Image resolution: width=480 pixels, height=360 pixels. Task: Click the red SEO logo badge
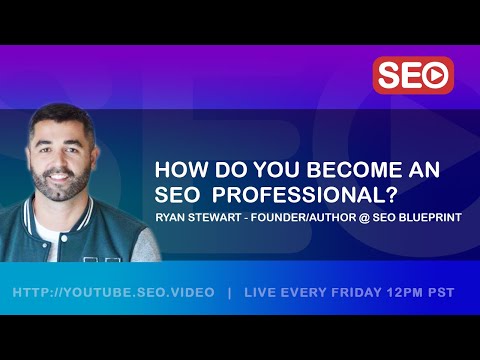(413, 75)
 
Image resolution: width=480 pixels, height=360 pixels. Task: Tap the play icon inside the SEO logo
(436, 75)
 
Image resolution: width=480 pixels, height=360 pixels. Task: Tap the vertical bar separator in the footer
(229, 293)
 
